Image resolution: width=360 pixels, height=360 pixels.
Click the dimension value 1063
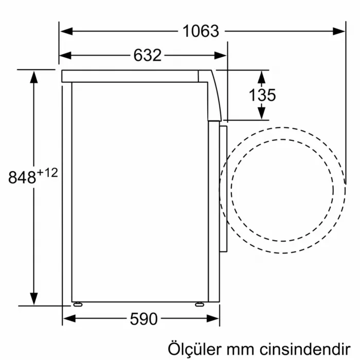201,31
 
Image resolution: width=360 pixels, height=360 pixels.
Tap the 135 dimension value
262,95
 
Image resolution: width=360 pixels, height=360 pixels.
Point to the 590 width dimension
143,319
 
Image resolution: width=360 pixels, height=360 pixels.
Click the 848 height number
23,177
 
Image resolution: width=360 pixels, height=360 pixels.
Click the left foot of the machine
77,304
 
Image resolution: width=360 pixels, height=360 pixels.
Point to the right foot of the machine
199,304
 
